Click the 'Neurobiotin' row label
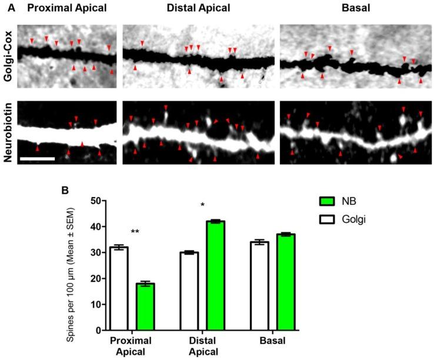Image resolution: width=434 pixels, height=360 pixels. (x=7, y=133)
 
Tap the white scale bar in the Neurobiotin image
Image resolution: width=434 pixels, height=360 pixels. (x=38, y=158)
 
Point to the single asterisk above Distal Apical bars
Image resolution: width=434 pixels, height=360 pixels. (x=202, y=205)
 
